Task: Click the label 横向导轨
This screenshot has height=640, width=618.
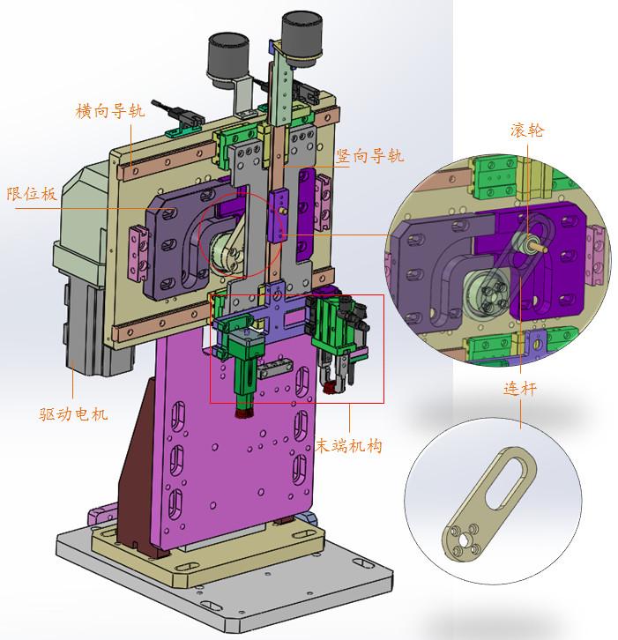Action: pyautogui.click(x=110, y=110)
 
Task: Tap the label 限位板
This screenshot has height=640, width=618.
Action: pyautogui.click(x=32, y=193)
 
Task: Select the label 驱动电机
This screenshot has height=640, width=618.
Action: pyautogui.click(x=73, y=413)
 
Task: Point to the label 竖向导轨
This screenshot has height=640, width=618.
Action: pyautogui.click(x=369, y=156)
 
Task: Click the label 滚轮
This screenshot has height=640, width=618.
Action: pyautogui.click(x=526, y=130)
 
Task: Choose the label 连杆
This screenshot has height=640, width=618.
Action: pyautogui.click(x=519, y=389)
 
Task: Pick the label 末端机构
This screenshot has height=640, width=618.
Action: pyautogui.click(x=348, y=445)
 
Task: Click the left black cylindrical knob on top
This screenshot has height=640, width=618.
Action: pyautogui.click(x=228, y=60)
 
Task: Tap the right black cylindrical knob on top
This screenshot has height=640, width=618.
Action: pyautogui.click(x=302, y=38)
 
